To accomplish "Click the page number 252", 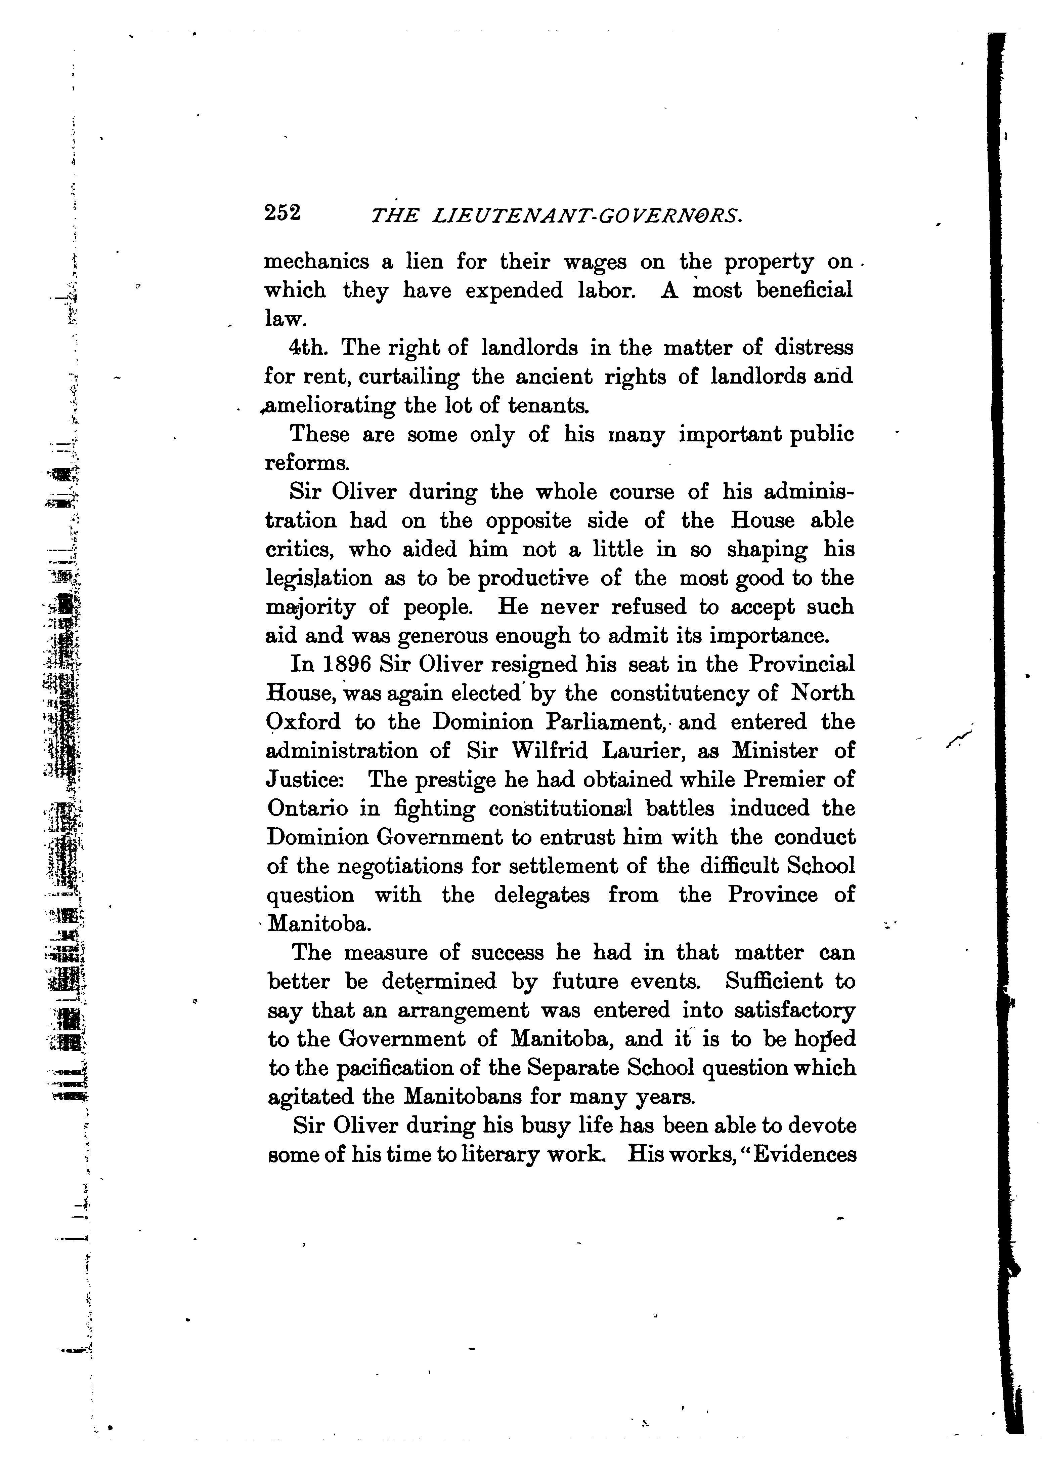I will tap(283, 212).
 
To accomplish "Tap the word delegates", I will tap(541, 895).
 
